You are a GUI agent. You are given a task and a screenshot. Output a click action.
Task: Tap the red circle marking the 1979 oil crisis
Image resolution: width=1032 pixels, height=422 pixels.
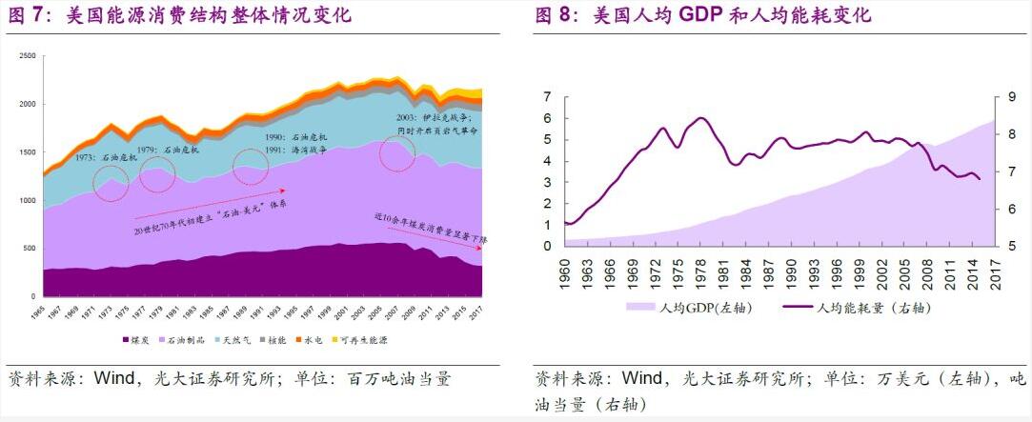(157, 175)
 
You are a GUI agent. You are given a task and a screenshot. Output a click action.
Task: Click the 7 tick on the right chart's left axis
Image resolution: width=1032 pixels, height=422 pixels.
(547, 96)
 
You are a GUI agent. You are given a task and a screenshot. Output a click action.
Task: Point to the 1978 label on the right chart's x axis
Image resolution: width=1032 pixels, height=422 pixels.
(701, 272)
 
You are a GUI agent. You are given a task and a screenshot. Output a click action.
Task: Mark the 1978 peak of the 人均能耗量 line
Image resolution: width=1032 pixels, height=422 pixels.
(701, 118)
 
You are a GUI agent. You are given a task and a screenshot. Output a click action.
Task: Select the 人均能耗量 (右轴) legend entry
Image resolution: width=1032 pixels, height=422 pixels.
(858, 308)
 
